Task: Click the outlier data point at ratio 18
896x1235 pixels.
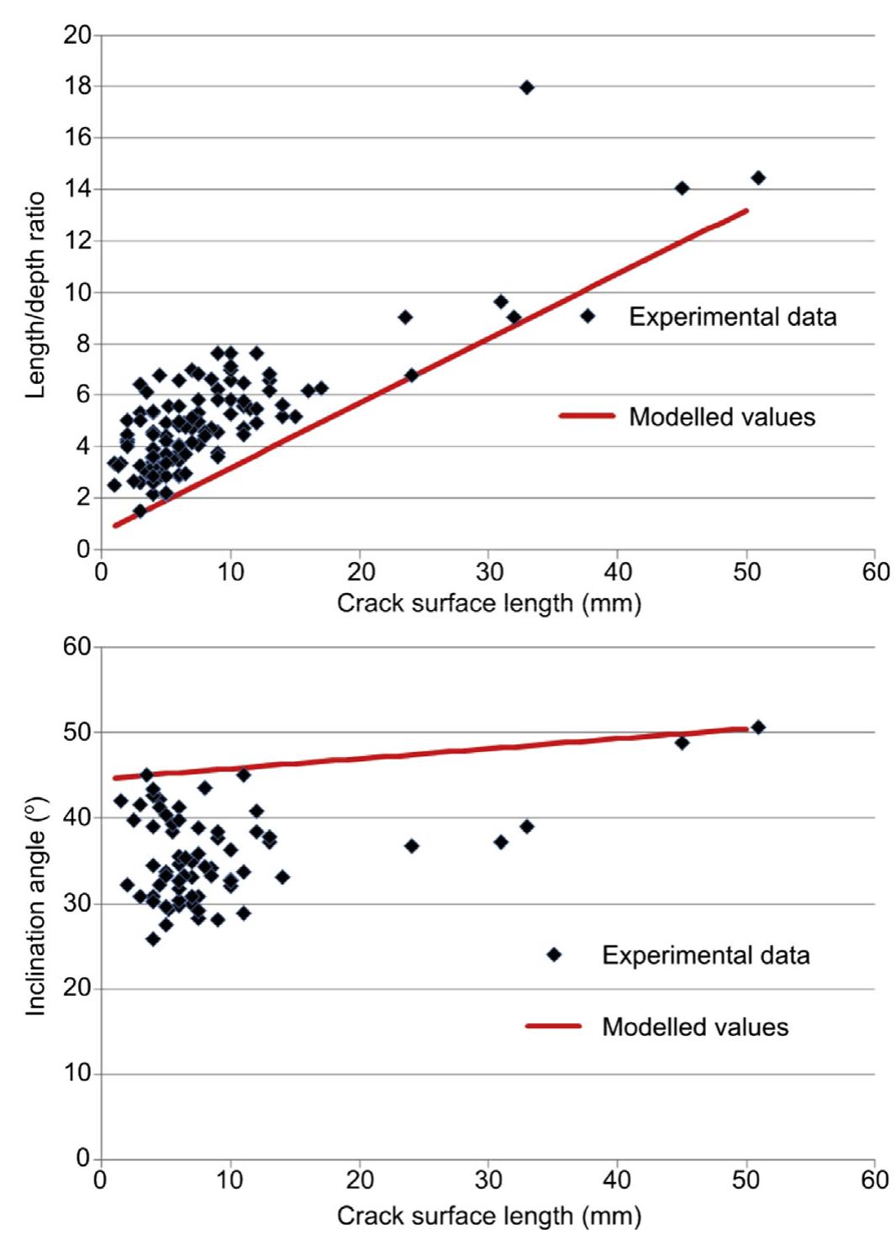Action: pyautogui.click(x=527, y=87)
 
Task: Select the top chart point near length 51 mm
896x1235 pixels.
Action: pyautogui.click(x=758, y=177)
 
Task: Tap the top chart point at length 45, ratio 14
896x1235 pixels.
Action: pyautogui.click(x=682, y=188)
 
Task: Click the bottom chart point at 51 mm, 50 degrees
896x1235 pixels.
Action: pyautogui.click(x=758, y=728)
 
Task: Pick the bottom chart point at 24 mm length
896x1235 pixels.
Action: pyautogui.click(x=412, y=846)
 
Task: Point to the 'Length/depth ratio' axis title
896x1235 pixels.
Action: pyautogui.click(x=34, y=295)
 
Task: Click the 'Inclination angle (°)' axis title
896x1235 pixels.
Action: pyautogui.click(x=34, y=906)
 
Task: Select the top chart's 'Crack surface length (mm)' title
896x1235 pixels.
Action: pyautogui.click(x=488, y=603)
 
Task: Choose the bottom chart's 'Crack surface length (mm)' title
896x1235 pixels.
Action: pyautogui.click(x=488, y=1215)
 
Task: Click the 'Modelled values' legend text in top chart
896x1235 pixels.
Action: pyautogui.click(x=722, y=417)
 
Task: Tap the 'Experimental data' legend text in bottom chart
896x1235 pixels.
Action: pyautogui.click(x=705, y=955)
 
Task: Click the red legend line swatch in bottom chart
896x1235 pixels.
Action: pyautogui.click(x=553, y=1026)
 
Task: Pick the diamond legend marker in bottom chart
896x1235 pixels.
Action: pyautogui.click(x=554, y=954)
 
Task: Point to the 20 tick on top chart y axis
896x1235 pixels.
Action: pyautogui.click(x=77, y=35)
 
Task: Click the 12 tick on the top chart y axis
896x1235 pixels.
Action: pyautogui.click(x=77, y=241)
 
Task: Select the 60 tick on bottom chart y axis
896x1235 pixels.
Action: pyautogui.click(x=77, y=647)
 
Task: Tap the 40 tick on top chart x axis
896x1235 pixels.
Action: pyautogui.click(x=618, y=572)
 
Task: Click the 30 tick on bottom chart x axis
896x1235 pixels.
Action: pyautogui.click(x=488, y=1180)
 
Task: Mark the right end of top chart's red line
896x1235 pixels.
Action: pyautogui.click(x=746, y=210)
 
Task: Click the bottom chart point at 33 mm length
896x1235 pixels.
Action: pyautogui.click(x=527, y=827)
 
